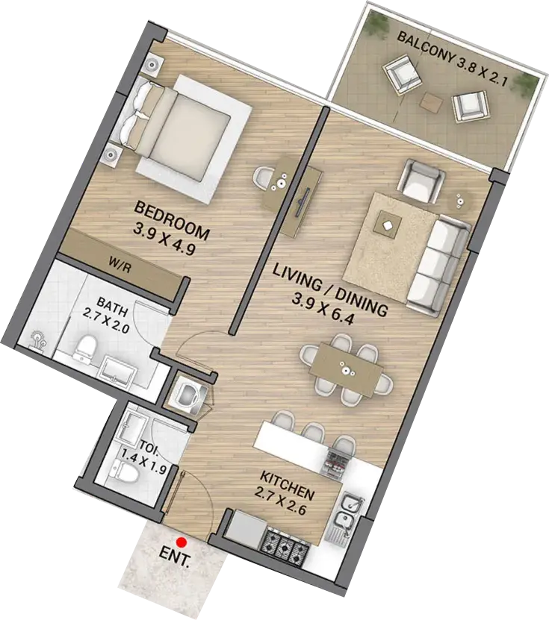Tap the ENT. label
(x=174, y=557)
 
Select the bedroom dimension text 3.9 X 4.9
(x=164, y=239)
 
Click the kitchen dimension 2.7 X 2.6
(x=280, y=502)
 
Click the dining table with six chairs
(x=347, y=369)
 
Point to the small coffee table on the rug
(x=386, y=225)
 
